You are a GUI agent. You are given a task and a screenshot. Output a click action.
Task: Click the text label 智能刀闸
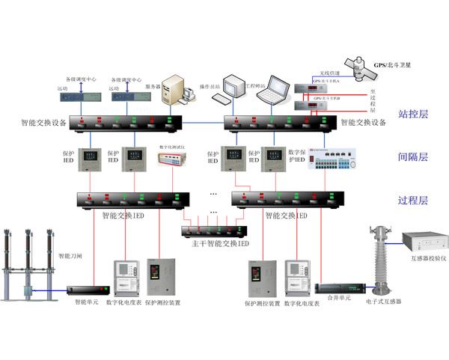[71, 255]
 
